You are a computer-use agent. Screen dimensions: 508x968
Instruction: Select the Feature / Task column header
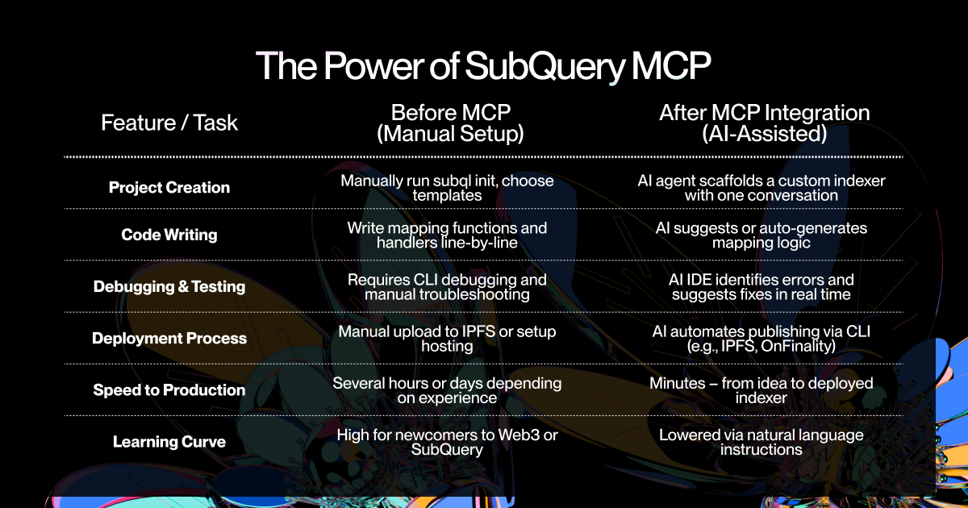[169, 123]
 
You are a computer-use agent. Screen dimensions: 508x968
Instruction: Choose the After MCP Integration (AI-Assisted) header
[765, 123]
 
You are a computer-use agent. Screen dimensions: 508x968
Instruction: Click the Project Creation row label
[169, 187]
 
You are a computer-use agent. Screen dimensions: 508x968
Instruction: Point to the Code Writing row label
[169, 235]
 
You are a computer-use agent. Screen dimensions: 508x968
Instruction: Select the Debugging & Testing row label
[169, 286]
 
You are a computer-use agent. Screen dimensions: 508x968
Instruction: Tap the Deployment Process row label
[169, 338]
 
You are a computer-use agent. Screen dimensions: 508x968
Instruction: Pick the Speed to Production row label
[169, 389]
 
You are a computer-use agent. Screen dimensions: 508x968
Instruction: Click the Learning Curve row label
[169, 441]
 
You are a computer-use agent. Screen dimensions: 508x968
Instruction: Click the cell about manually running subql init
[447, 187]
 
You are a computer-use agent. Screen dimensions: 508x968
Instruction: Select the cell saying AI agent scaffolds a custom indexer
[761, 187]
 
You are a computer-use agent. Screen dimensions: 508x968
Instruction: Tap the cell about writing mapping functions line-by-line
[447, 235]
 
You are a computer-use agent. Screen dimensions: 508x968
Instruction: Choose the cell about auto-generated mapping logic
[761, 235]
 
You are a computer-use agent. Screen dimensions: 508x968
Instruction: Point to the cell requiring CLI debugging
[447, 286]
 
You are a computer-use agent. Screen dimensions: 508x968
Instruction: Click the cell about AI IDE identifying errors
[761, 286]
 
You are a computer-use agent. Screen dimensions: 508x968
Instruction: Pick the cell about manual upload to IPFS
[447, 338]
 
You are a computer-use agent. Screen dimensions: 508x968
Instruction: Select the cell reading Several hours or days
[447, 389]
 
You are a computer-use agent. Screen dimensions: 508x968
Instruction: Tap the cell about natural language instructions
[761, 441]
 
